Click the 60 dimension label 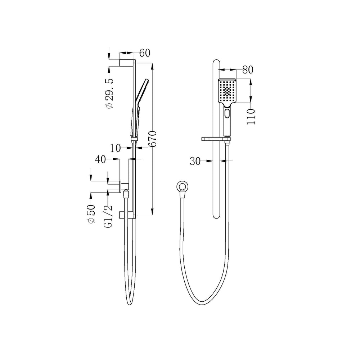point(145,53)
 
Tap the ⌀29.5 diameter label point(110,94)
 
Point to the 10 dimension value point(115,148)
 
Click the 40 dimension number point(100,159)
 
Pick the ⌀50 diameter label point(91,214)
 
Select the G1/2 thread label point(108,216)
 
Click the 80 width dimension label point(248,69)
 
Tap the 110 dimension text point(251,117)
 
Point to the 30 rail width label point(195,161)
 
